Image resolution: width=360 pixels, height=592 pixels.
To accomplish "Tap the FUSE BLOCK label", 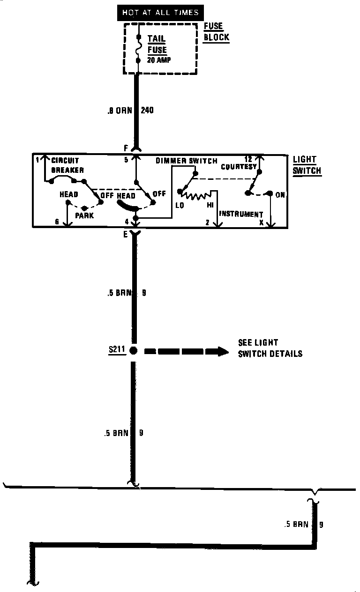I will coord(216,32).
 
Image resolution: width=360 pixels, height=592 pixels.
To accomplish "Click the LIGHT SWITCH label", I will coord(307,165).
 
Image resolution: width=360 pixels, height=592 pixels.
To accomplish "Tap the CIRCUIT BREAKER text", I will coord(67,165).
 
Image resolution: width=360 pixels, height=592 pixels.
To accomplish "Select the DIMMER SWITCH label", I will coord(187,161).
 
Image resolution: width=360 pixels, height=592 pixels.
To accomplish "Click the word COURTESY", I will coord(239,167).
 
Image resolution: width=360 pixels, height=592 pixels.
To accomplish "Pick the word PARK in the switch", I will coord(84,215).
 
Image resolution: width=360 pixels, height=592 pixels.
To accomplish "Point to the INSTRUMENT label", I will coord(241,214).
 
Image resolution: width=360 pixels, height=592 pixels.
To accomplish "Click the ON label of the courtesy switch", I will coord(280,195).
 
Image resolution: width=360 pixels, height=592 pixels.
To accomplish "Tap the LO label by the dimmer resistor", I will coord(180,205).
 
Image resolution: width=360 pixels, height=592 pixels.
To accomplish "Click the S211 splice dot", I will coord(134,350).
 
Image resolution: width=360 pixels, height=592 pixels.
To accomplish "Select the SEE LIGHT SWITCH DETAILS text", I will coord(270,348).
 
